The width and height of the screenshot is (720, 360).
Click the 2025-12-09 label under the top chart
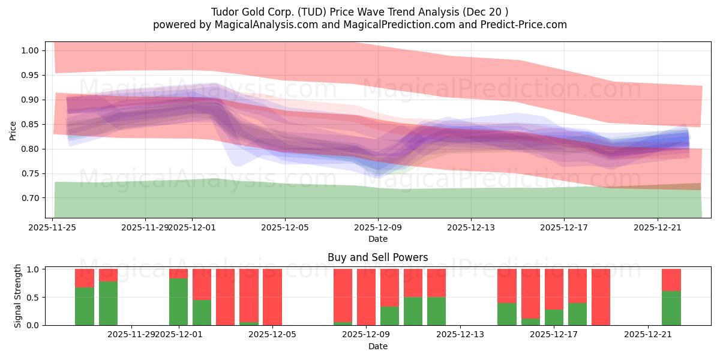[377, 227]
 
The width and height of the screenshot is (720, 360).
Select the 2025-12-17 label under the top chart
[563, 227]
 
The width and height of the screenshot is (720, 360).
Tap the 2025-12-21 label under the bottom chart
[647, 335]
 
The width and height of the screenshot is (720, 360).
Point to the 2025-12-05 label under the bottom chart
[272, 335]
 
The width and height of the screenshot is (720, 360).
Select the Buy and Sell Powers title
[377, 257]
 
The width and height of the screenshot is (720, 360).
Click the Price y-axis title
[13, 130]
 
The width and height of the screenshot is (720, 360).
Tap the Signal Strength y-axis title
[18, 296]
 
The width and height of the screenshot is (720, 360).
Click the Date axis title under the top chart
[377, 239]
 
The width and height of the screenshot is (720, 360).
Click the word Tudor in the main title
[224, 12]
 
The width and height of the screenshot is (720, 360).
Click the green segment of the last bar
[671, 308]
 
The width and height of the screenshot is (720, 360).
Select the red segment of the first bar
[85, 278]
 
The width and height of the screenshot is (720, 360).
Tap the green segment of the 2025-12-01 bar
[178, 301]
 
